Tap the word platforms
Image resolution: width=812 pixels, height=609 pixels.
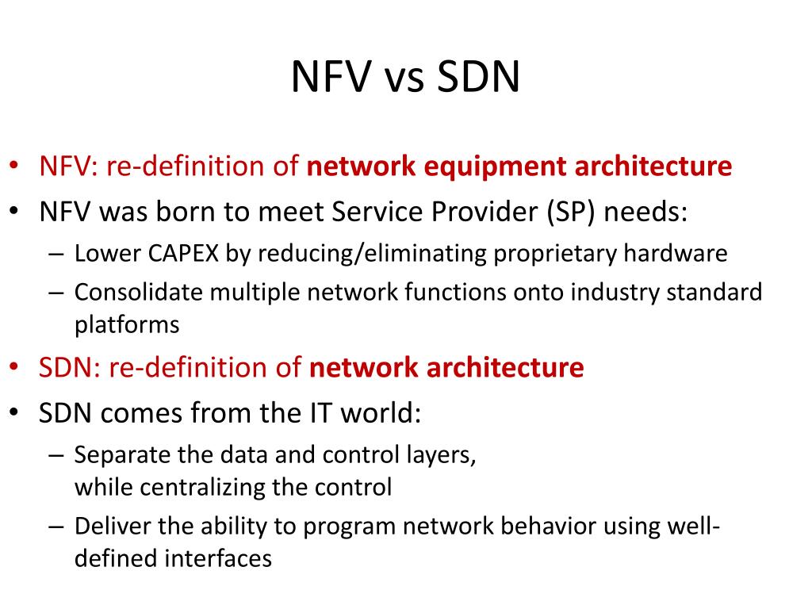[x=127, y=324]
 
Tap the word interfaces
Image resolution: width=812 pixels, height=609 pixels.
[x=218, y=558]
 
